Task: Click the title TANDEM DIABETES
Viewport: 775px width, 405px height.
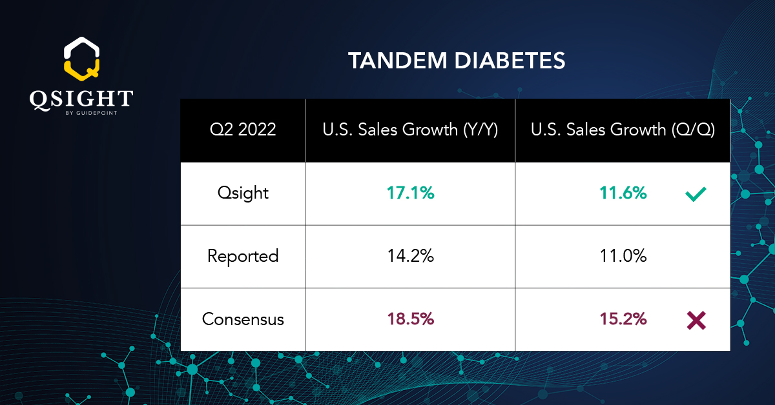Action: [x=457, y=61]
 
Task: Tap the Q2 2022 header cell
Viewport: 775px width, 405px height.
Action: [x=243, y=130]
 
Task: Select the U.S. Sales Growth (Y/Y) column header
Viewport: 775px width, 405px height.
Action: [x=409, y=130]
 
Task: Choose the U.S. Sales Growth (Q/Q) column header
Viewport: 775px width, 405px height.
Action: [x=622, y=130]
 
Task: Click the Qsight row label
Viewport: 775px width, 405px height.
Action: [x=243, y=193]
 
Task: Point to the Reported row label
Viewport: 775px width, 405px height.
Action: [x=243, y=256]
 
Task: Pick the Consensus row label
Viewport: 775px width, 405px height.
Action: [x=243, y=319]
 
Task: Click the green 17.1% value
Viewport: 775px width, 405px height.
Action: [x=410, y=193]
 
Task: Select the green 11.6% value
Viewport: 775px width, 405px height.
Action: [x=622, y=193]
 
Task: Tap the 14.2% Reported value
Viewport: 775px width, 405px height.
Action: [x=410, y=256]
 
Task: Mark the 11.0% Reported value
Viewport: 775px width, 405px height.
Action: [x=622, y=256]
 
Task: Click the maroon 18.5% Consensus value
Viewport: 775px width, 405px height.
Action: [x=410, y=319]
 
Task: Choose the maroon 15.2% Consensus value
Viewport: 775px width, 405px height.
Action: [x=622, y=319]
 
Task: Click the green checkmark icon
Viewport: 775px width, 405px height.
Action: [x=696, y=193]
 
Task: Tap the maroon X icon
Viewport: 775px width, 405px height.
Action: [x=696, y=320]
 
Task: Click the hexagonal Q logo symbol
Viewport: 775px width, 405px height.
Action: [x=81, y=57]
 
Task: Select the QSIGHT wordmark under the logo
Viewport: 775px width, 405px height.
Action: [x=81, y=99]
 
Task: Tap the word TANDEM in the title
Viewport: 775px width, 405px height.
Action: [x=393, y=61]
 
